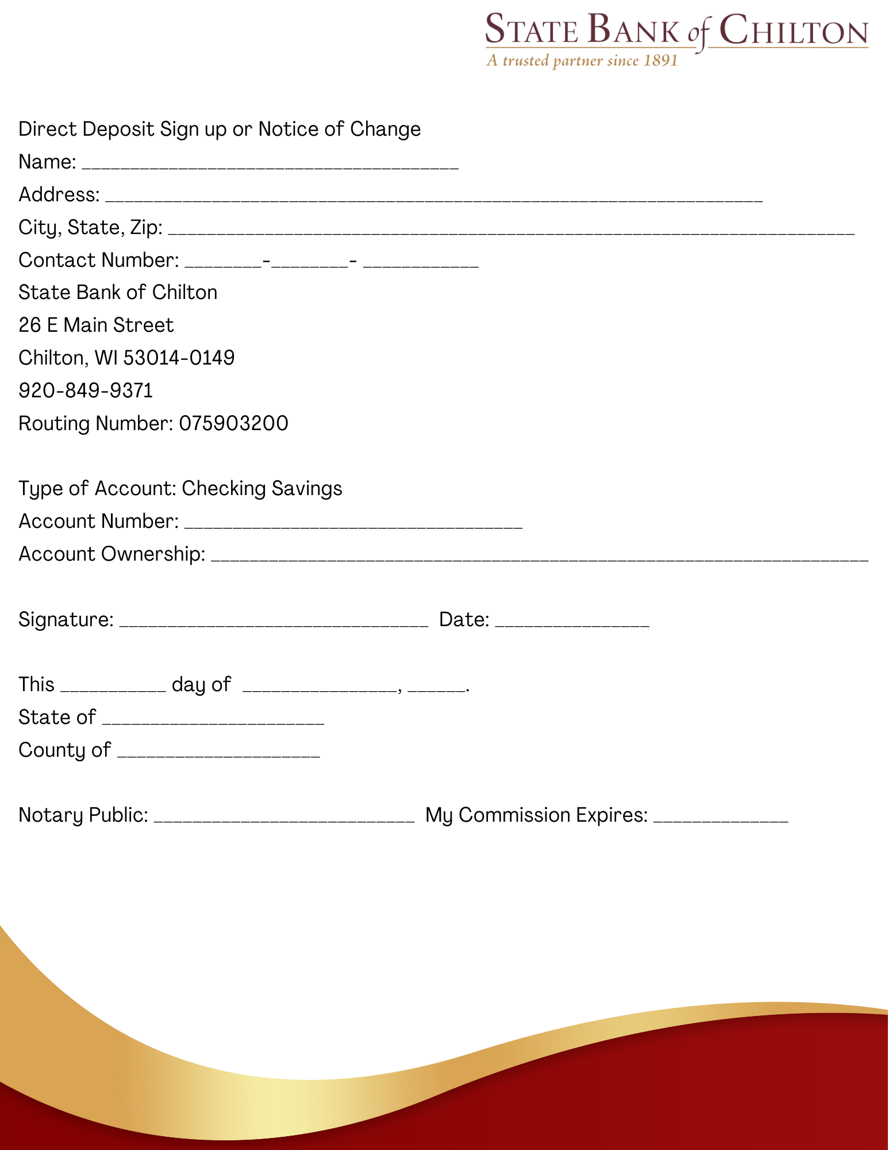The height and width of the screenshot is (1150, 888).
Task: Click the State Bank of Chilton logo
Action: (x=676, y=32)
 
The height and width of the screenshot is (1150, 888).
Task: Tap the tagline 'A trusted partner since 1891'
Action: (x=582, y=61)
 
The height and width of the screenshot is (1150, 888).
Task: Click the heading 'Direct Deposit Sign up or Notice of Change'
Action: (x=220, y=129)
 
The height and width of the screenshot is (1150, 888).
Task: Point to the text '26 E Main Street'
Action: (x=96, y=325)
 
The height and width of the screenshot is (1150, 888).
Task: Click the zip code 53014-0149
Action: (x=179, y=358)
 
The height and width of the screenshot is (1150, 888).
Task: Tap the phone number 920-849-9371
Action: (x=86, y=391)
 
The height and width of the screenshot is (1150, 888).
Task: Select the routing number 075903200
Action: (x=233, y=424)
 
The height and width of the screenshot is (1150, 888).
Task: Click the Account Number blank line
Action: (x=353, y=523)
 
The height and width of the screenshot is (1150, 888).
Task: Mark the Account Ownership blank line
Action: (x=540, y=556)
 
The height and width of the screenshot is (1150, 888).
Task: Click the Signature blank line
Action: (x=274, y=622)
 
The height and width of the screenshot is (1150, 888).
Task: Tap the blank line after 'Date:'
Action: (x=572, y=622)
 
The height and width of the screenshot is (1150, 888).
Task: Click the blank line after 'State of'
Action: (x=213, y=719)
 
